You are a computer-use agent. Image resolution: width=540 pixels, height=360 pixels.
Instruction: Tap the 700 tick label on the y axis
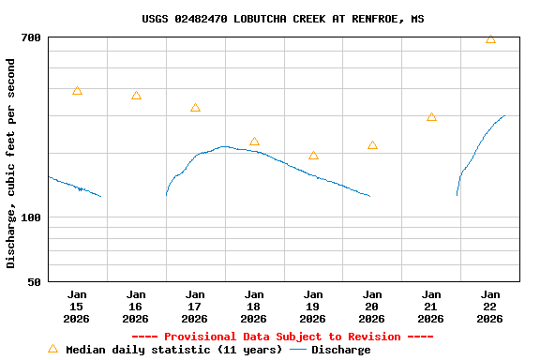tap(31, 37)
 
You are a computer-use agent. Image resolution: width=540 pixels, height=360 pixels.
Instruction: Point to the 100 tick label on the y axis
tap(31, 217)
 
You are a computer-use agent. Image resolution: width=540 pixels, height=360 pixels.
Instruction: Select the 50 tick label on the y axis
tap(34, 281)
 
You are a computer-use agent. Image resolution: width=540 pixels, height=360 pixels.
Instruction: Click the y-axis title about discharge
tap(11, 163)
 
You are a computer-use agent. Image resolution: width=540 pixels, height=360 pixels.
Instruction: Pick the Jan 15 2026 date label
tap(77, 306)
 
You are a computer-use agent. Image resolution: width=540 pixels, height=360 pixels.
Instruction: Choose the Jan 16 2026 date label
tap(136, 306)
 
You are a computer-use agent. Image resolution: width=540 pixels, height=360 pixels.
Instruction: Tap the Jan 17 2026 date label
tap(195, 306)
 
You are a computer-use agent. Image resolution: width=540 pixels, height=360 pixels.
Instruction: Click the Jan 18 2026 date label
tap(254, 306)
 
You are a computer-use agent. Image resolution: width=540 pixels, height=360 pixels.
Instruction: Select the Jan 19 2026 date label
tap(313, 306)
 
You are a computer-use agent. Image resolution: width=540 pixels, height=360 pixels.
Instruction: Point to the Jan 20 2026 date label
tap(372, 306)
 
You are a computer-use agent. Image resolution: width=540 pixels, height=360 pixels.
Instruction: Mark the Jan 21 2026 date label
tap(431, 306)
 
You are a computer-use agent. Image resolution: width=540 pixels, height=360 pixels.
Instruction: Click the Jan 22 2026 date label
tap(490, 306)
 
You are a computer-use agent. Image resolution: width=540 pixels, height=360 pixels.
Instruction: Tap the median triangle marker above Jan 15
tap(77, 91)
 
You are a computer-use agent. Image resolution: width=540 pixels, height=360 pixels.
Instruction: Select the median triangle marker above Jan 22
tap(490, 39)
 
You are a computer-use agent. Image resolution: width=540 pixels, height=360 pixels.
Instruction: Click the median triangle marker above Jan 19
tap(313, 156)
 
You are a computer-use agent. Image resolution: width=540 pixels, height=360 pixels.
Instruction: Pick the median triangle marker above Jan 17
tap(195, 108)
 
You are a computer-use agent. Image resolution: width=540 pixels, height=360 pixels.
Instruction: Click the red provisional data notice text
tap(282, 337)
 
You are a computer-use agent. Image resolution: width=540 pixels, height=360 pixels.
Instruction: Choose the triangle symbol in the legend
tap(52, 349)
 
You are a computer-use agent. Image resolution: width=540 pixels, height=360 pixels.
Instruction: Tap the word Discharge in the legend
tap(340, 350)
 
